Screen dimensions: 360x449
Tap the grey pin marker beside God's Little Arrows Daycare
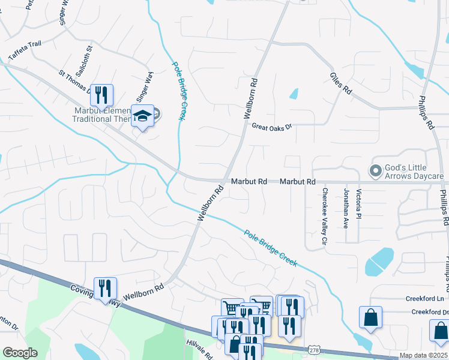376,172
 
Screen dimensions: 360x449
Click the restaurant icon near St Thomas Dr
101,94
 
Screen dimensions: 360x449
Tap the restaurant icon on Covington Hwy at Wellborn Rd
105,287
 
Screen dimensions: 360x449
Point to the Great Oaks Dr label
271,127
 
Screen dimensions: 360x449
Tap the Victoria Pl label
359,204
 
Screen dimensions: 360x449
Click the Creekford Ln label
424,298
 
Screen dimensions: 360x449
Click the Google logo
20,353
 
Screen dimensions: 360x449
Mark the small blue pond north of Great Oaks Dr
294,94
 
